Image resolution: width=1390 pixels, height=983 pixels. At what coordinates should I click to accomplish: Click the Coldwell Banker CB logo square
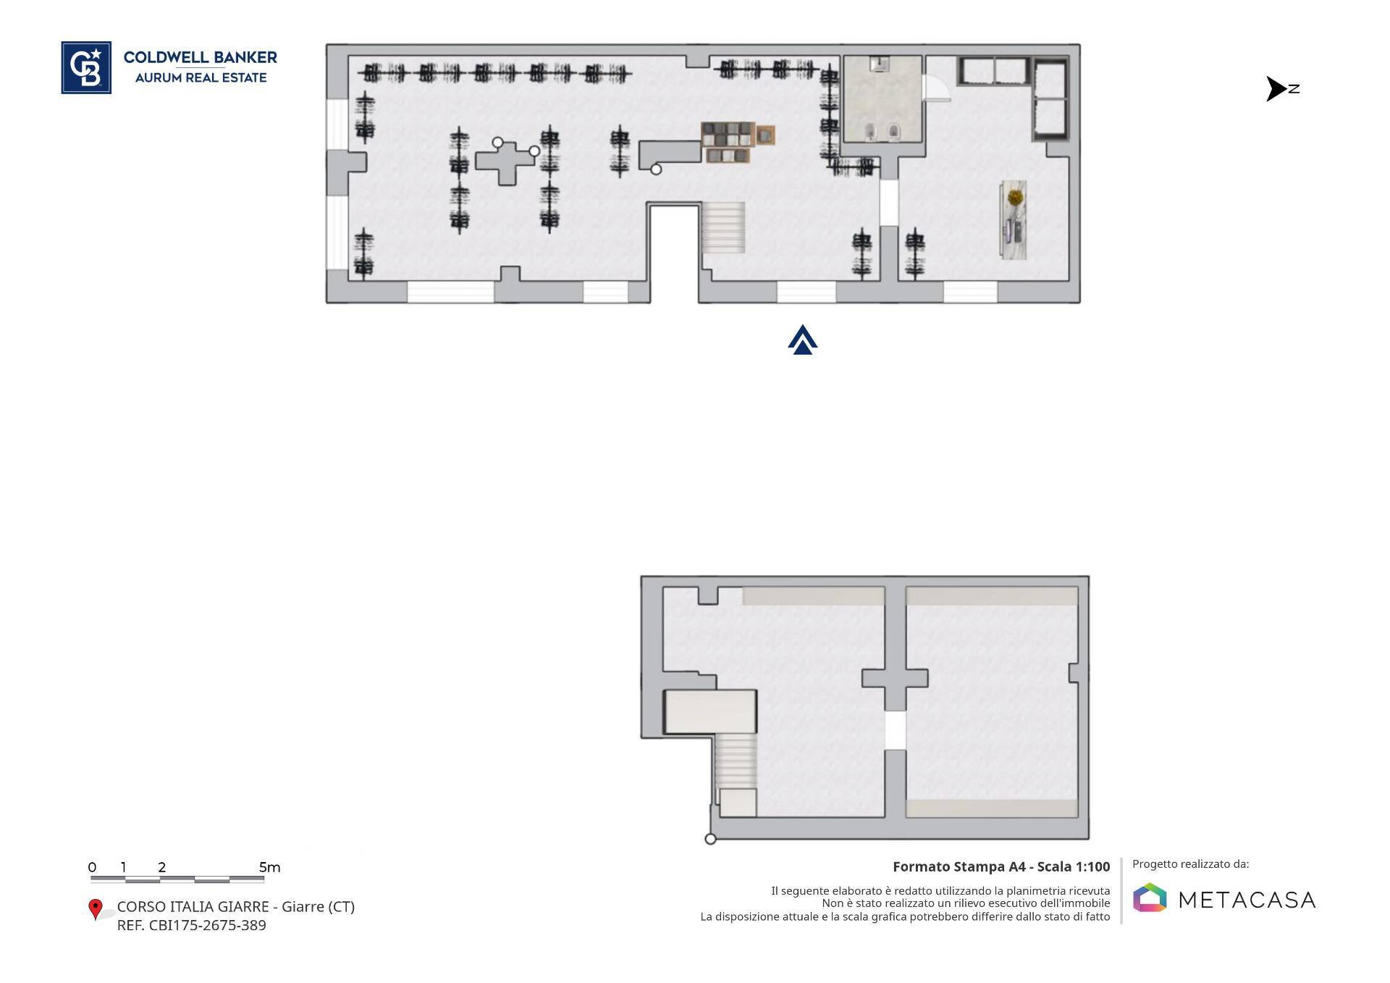(x=86, y=67)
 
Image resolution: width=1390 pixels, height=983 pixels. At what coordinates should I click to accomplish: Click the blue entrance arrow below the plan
(x=802, y=340)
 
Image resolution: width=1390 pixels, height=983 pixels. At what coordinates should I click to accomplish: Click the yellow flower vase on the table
(x=1015, y=196)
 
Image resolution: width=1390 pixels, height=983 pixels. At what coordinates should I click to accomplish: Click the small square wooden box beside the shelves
(x=764, y=135)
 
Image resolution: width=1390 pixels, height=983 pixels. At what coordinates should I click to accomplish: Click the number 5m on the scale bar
(x=269, y=867)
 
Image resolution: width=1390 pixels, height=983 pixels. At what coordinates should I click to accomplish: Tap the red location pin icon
(x=95, y=909)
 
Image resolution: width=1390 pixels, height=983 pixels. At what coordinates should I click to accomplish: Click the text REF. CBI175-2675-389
(x=191, y=925)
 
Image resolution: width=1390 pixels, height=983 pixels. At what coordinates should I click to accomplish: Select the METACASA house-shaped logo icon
(x=1150, y=898)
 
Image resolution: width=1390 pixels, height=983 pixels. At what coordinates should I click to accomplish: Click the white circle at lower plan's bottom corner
(x=710, y=839)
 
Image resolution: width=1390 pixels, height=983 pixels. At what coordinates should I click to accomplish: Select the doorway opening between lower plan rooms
(x=896, y=730)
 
